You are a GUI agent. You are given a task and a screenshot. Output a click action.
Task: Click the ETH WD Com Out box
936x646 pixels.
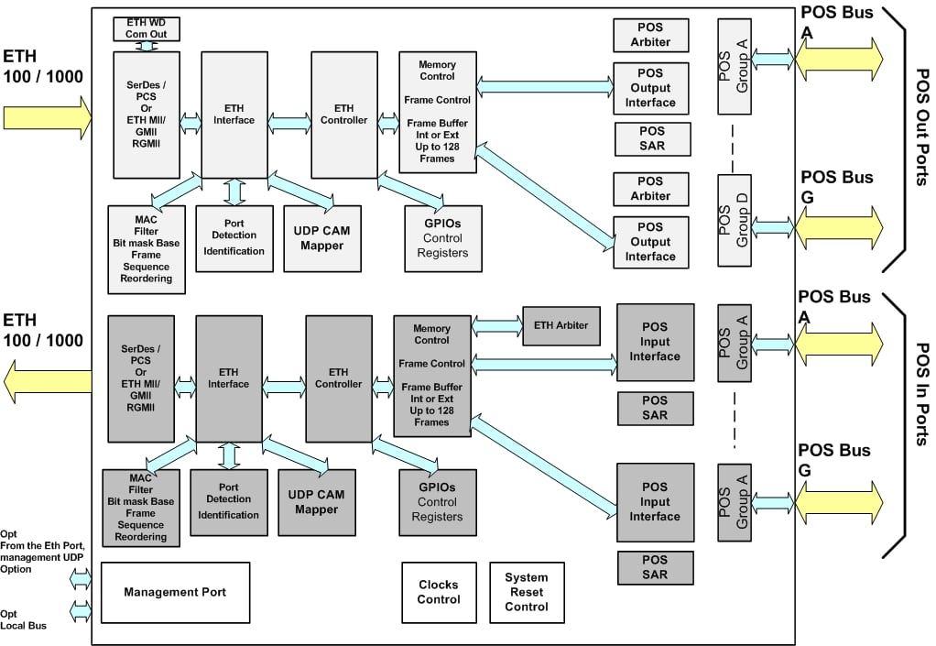click(147, 29)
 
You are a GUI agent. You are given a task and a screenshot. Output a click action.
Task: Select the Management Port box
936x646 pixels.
click(176, 592)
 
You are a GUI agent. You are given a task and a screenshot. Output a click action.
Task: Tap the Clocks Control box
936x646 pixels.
click(439, 592)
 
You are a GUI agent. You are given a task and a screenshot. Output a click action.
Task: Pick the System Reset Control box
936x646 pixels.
click(527, 592)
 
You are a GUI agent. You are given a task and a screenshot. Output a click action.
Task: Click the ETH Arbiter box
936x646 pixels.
click(561, 326)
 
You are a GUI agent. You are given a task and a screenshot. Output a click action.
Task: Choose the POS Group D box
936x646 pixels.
click(735, 220)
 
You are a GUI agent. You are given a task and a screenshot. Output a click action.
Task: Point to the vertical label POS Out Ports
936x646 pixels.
click(922, 127)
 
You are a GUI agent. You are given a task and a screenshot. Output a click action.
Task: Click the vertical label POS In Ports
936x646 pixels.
click(922, 395)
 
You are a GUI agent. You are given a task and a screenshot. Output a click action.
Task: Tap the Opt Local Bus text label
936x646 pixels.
click(23, 619)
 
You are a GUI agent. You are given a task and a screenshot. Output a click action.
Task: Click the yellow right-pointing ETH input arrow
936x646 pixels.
click(48, 117)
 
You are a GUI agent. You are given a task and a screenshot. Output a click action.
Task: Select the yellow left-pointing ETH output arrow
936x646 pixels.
click(48, 381)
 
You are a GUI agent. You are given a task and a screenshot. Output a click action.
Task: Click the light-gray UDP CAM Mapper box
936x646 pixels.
click(322, 239)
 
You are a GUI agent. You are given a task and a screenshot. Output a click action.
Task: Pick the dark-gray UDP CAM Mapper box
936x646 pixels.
click(317, 502)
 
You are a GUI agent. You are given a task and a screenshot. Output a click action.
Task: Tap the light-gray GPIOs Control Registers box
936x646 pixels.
click(443, 239)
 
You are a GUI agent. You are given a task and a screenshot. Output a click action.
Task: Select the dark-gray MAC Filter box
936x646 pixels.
click(141, 508)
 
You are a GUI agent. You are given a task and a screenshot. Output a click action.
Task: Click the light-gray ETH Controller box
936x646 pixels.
click(344, 115)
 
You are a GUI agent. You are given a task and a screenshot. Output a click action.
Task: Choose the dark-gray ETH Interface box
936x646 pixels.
click(229, 378)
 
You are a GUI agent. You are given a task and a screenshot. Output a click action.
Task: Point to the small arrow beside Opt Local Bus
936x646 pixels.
click(81, 611)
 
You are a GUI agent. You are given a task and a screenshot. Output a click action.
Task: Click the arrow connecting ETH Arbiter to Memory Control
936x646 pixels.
click(496, 326)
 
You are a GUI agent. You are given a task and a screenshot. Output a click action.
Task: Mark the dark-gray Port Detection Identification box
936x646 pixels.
click(229, 502)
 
